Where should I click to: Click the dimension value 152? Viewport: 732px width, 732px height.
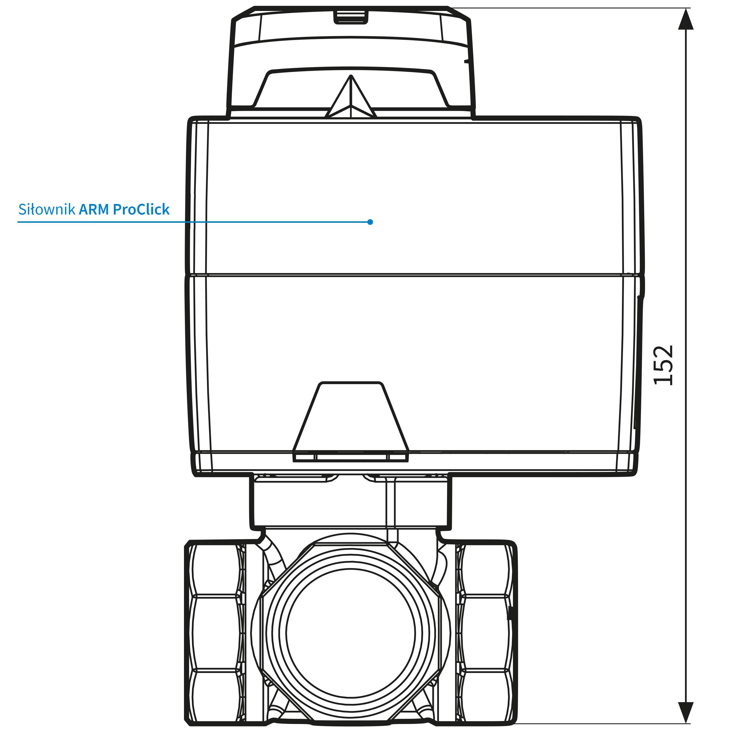pos(663,365)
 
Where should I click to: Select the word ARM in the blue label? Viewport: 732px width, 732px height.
pos(94,210)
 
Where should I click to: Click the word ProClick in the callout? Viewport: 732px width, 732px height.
pos(141,210)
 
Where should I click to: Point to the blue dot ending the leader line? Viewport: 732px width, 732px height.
pos(370,222)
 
